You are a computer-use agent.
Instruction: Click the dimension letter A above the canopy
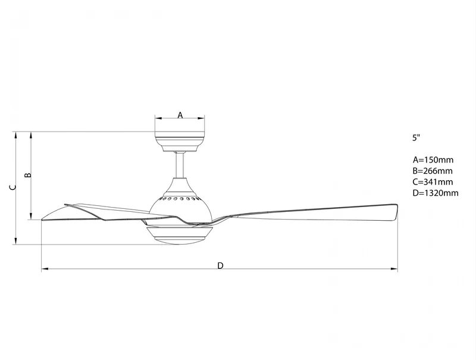coord(180,115)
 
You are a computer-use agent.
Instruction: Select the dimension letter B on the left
coord(27,175)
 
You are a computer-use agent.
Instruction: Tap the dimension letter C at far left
coord(12,187)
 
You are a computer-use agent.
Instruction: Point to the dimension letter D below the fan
coord(220,266)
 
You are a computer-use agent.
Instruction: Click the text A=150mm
coord(433,159)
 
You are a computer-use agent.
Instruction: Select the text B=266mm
coord(433,171)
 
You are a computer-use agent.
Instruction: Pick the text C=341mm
coord(433,182)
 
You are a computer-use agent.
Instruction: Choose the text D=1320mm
coord(436,193)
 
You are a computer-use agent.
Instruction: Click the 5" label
coord(416,137)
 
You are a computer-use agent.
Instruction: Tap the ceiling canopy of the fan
coord(180,142)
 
